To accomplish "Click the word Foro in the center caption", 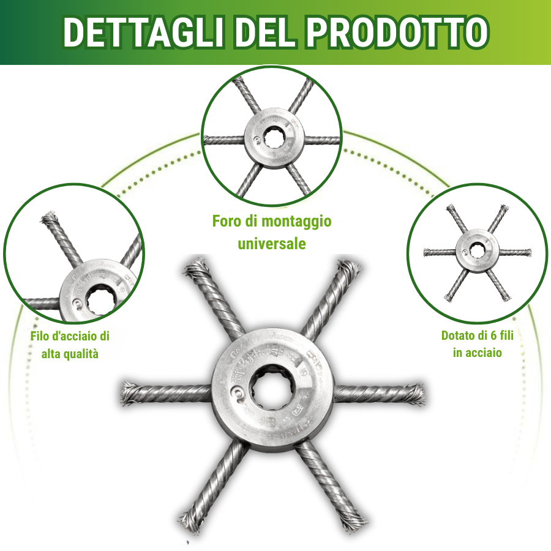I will point(226,221).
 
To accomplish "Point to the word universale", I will point(272,243).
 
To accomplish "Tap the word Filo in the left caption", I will point(42,336).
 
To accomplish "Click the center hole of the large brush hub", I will point(272,392).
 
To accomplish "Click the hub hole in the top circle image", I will point(272,139).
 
